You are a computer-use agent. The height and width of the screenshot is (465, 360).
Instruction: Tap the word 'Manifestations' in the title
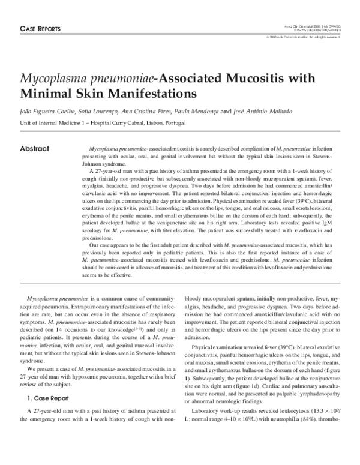[x=144, y=94]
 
